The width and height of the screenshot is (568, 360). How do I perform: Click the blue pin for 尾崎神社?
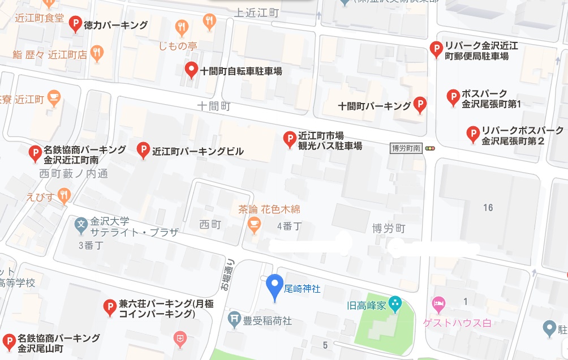click(x=275, y=286)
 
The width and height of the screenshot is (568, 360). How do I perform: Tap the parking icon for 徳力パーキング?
click(x=75, y=24)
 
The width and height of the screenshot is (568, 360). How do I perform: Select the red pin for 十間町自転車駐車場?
click(x=192, y=70)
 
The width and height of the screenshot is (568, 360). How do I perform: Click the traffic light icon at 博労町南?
click(x=431, y=148)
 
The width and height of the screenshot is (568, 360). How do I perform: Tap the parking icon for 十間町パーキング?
click(x=419, y=105)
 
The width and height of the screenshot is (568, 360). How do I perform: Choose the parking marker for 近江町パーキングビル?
click(x=143, y=150)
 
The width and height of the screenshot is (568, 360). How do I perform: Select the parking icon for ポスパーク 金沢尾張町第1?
click(x=453, y=98)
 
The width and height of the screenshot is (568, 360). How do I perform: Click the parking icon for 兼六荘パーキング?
click(x=110, y=307)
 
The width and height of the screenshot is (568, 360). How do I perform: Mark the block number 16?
click(x=488, y=208)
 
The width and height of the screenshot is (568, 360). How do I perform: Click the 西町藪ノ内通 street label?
click(x=74, y=174)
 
